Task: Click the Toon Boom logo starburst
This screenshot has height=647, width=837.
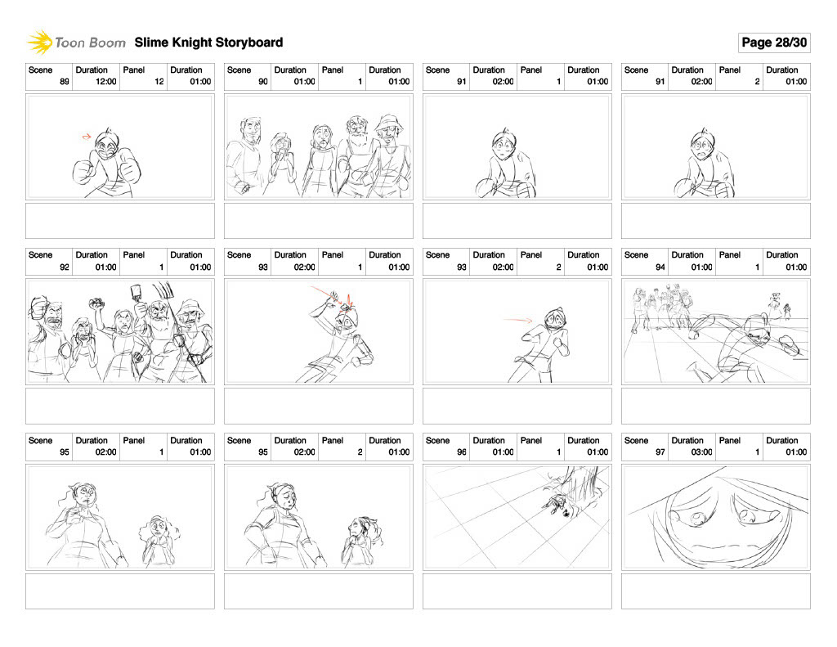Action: pyautogui.click(x=39, y=43)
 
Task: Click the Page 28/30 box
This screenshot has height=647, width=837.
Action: pyautogui.click(x=774, y=43)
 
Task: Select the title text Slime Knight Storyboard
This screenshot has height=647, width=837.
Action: pyautogui.click(x=208, y=43)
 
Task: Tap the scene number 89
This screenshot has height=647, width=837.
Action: pyautogui.click(x=64, y=82)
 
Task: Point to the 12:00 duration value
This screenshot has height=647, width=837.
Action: pyautogui.click(x=106, y=82)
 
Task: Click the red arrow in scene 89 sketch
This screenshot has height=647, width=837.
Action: pyautogui.click(x=87, y=137)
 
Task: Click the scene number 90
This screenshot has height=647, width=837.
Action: pyautogui.click(x=262, y=82)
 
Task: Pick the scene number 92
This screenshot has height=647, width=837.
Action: pyautogui.click(x=64, y=267)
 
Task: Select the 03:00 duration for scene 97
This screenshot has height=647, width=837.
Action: pyautogui.click(x=702, y=452)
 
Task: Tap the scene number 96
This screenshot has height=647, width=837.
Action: pyautogui.click(x=461, y=452)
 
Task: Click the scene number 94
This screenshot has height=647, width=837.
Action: pyautogui.click(x=660, y=267)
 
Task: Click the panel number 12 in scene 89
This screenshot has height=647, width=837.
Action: pyautogui.click(x=159, y=82)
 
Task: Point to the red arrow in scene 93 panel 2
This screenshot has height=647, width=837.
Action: pyautogui.click(x=517, y=320)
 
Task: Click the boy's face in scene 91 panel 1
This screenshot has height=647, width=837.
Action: pyautogui.click(x=504, y=143)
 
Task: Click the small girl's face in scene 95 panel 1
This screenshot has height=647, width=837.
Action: pyautogui.click(x=158, y=527)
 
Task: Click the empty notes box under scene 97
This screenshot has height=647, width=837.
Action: pyautogui.click(x=716, y=591)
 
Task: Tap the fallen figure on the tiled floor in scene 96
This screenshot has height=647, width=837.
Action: pyautogui.click(x=557, y=502)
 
